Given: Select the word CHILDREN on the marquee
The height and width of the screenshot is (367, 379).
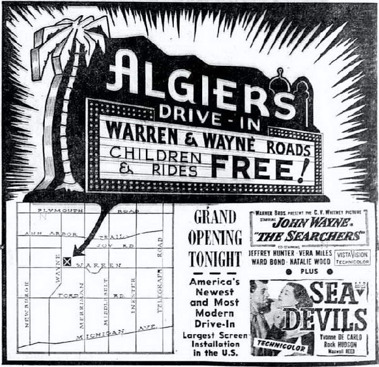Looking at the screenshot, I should [155, 154].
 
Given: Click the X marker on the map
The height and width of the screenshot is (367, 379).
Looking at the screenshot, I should [68, 261].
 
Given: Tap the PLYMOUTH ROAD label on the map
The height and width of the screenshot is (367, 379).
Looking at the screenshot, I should [88, 210].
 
